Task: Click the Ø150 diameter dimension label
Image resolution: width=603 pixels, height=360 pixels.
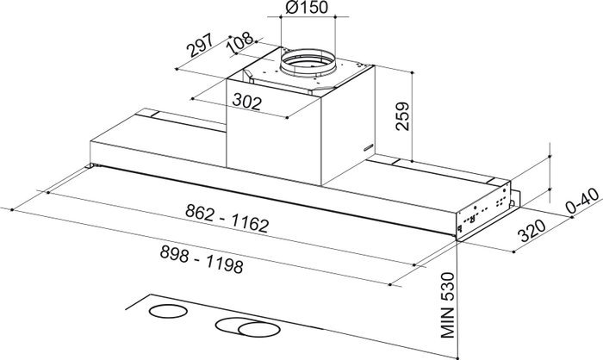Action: tap(307, 7)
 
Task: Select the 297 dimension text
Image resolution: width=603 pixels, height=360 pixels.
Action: tap(200, 46)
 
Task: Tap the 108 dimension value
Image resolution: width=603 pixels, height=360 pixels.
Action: tap(240, 41)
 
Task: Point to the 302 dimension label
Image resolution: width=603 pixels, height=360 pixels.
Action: tap(247, 102)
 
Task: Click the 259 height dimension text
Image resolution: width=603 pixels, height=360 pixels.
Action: tap(402, 116)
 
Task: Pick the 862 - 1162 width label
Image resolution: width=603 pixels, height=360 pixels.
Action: tap(227, 218)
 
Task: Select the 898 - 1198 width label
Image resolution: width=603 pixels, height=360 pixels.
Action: tap(202, 259)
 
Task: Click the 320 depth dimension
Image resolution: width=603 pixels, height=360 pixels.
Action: tap(532, 231)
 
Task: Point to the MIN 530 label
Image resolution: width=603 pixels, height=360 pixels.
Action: tap(448, 305)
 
